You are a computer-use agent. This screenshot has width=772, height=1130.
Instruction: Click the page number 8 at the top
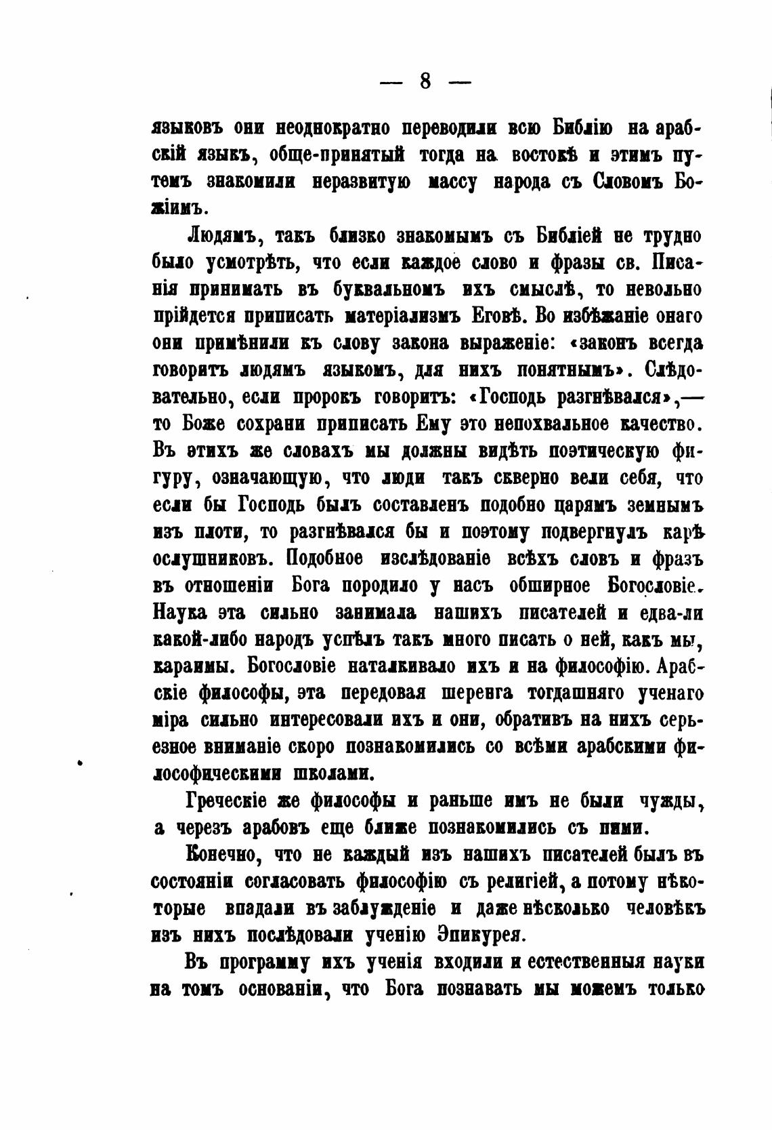425,81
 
